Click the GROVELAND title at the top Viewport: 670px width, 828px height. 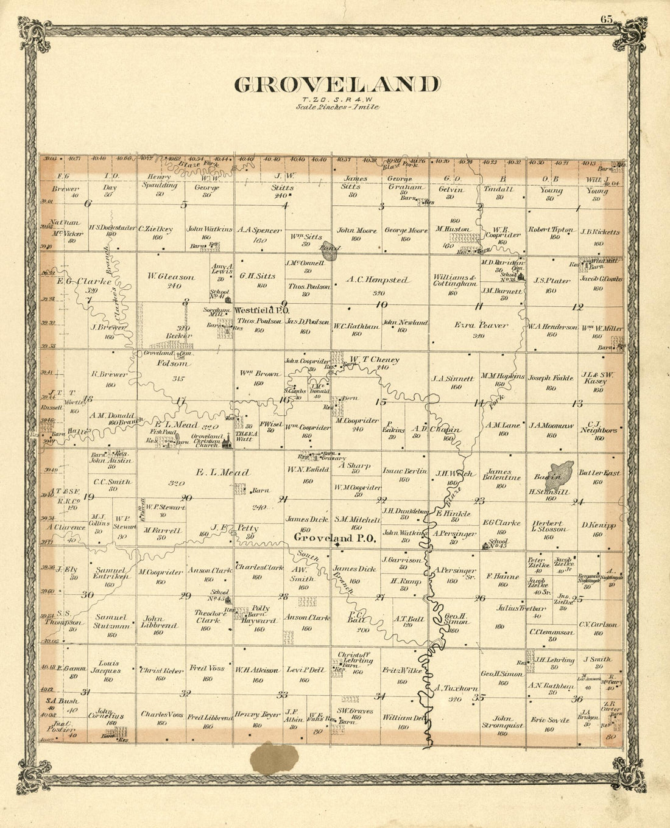point(337,84)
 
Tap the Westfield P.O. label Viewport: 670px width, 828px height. point(256,310)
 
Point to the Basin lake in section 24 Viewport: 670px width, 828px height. point(559,473)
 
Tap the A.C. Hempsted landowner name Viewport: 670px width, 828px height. point(378,281)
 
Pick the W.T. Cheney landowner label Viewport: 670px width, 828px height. point(373,360)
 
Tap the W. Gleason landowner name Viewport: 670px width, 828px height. point(171,277)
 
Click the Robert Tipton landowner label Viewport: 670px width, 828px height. point(551,230)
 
